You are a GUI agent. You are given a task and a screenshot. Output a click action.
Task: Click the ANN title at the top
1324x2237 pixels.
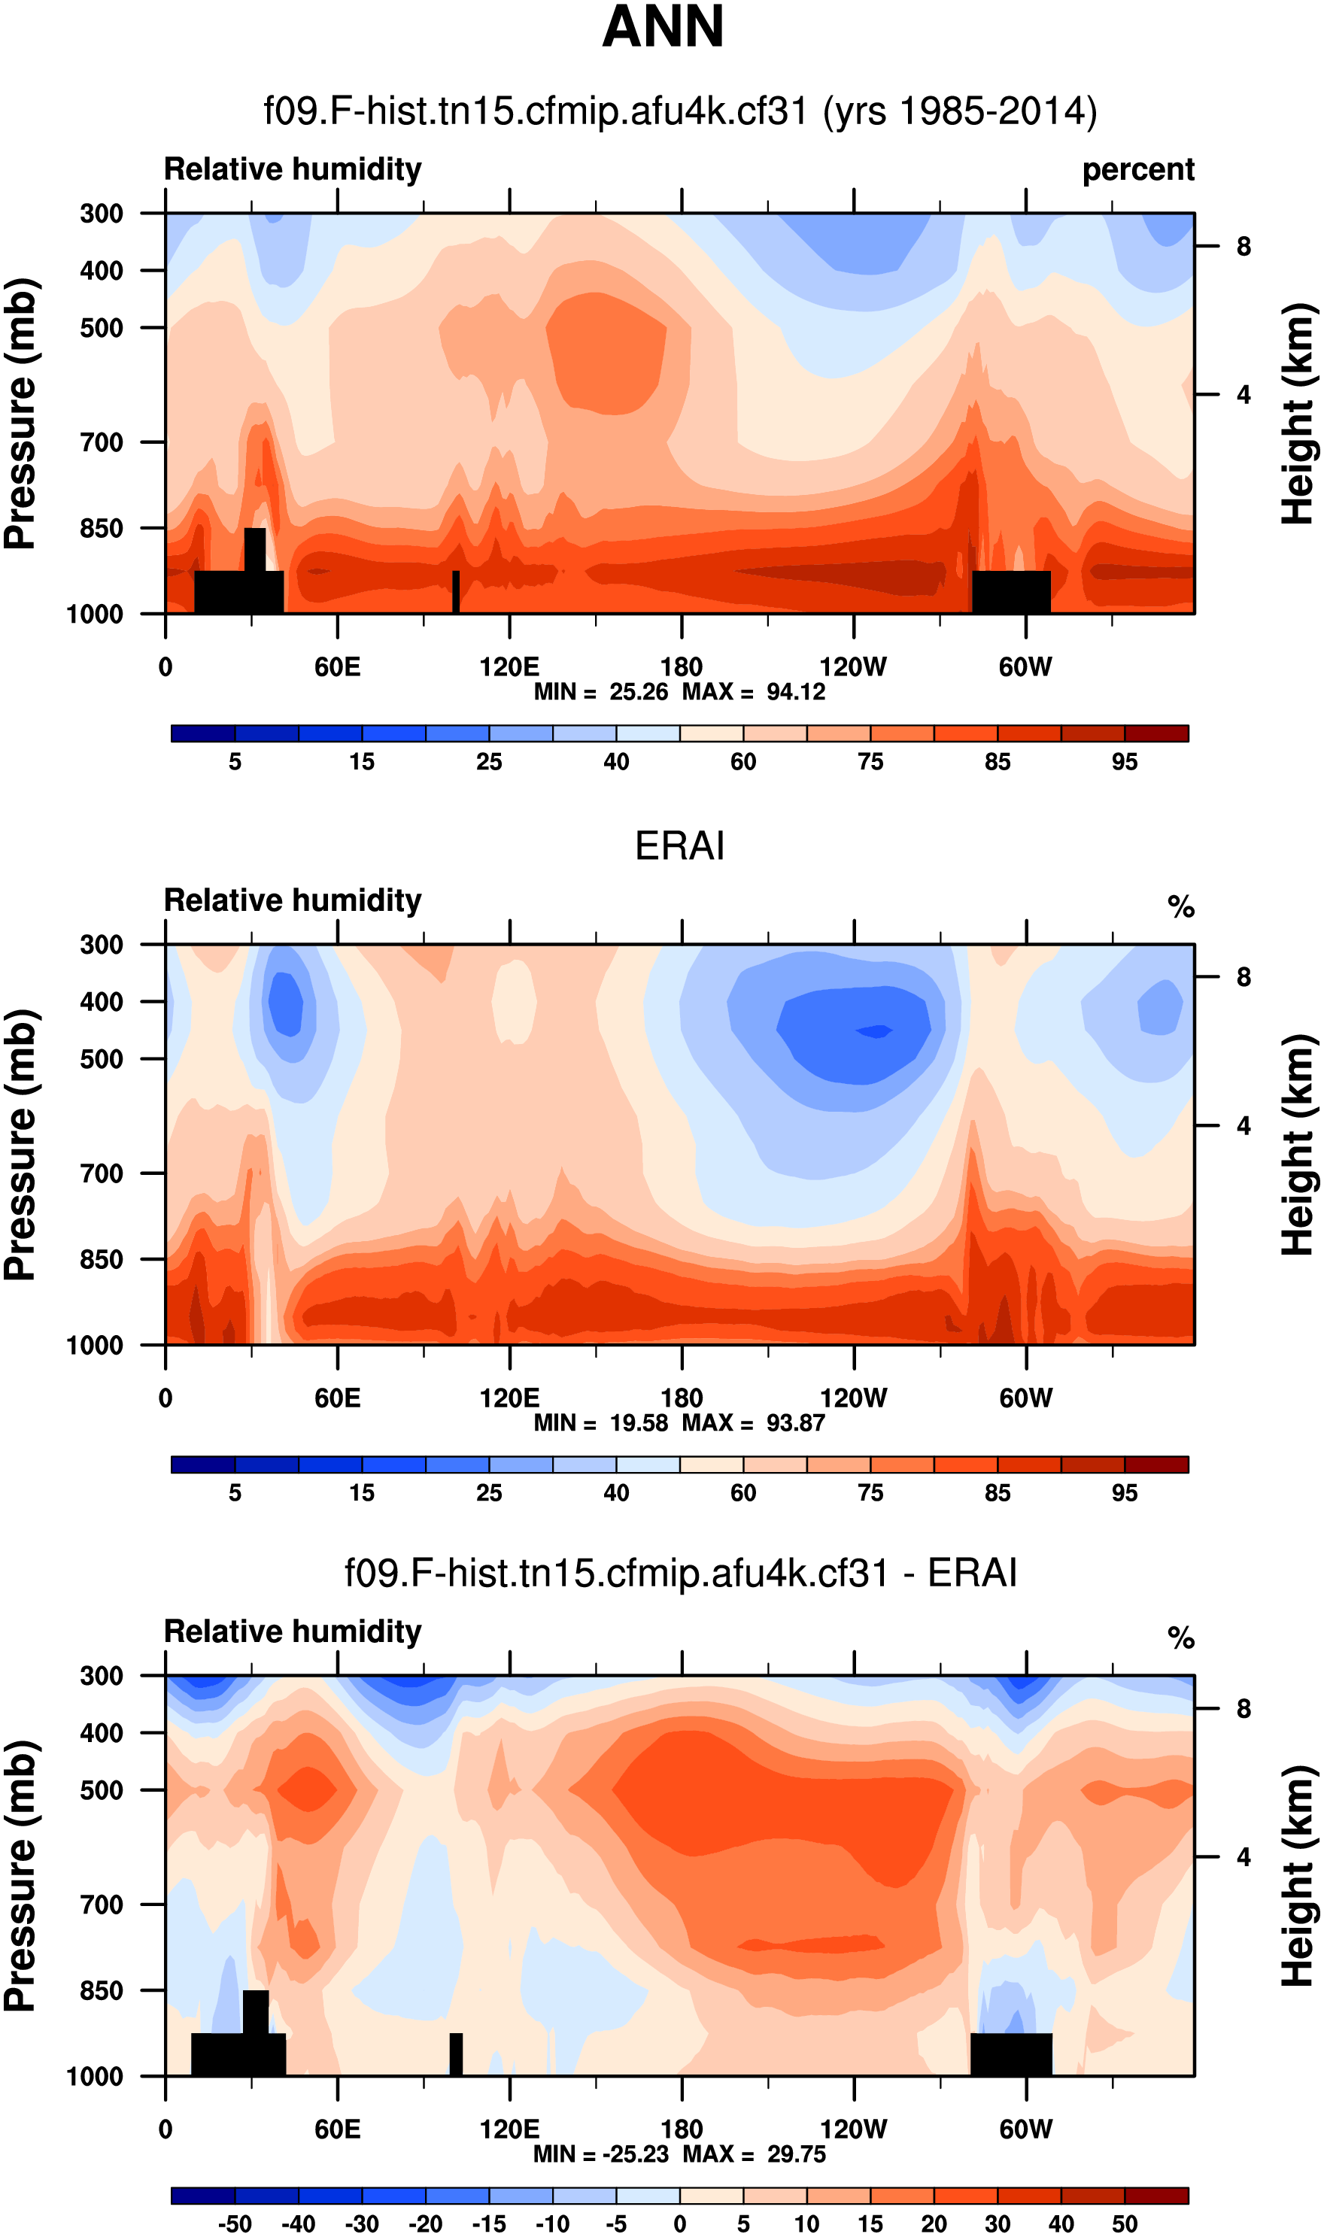coord(663,27)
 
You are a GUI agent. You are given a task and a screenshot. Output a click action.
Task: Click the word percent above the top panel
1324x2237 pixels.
coord(1137,169)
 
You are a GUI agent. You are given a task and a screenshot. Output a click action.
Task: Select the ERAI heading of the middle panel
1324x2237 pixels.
coord(679,845)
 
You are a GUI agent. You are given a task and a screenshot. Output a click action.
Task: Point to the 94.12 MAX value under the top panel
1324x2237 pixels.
coord(796,692)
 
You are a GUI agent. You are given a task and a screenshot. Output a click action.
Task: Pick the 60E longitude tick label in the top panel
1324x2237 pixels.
coord(337,667)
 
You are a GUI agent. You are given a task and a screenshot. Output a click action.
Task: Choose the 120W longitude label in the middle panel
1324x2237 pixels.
coord(854,1398)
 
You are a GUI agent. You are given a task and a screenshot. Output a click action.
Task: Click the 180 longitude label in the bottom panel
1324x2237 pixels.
coord(682,2129)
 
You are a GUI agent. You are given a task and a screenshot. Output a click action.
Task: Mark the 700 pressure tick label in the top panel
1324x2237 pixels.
coord(102,442)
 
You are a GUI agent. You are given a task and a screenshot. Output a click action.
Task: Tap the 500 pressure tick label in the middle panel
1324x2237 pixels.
coord(102,1060)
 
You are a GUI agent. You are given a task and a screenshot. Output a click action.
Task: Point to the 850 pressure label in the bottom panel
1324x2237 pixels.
coord(102,1990)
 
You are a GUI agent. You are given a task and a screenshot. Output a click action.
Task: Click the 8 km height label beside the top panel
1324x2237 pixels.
coord(1244,247)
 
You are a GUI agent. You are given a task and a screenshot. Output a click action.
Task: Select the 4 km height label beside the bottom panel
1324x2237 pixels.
coord(1244,1858)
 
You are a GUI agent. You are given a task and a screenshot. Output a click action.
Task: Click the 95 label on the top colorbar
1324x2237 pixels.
coord(1124,762)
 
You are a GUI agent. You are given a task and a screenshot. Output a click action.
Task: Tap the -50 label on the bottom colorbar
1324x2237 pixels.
coord(235,2224)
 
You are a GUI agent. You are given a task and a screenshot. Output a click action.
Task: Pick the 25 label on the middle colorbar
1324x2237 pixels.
coord(489,1493)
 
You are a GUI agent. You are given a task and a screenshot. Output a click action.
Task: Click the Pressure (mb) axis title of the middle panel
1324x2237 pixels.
coord(20,1146)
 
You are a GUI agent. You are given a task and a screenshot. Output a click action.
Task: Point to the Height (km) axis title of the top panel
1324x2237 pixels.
coord(1299,414)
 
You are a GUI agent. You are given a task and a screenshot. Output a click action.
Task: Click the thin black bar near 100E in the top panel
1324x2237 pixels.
coord(456,591)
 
